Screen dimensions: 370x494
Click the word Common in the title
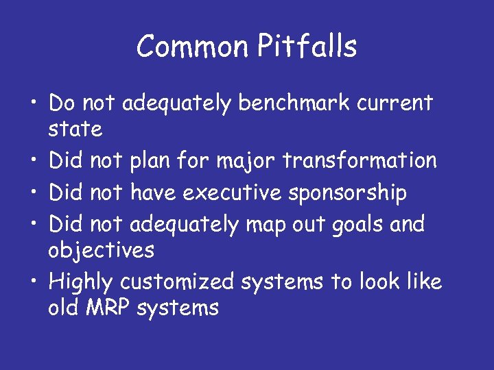193,47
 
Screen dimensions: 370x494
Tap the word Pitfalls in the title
307,47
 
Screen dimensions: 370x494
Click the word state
75,129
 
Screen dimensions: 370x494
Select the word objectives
101,250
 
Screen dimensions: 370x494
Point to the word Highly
82,282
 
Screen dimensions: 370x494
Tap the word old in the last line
63,308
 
